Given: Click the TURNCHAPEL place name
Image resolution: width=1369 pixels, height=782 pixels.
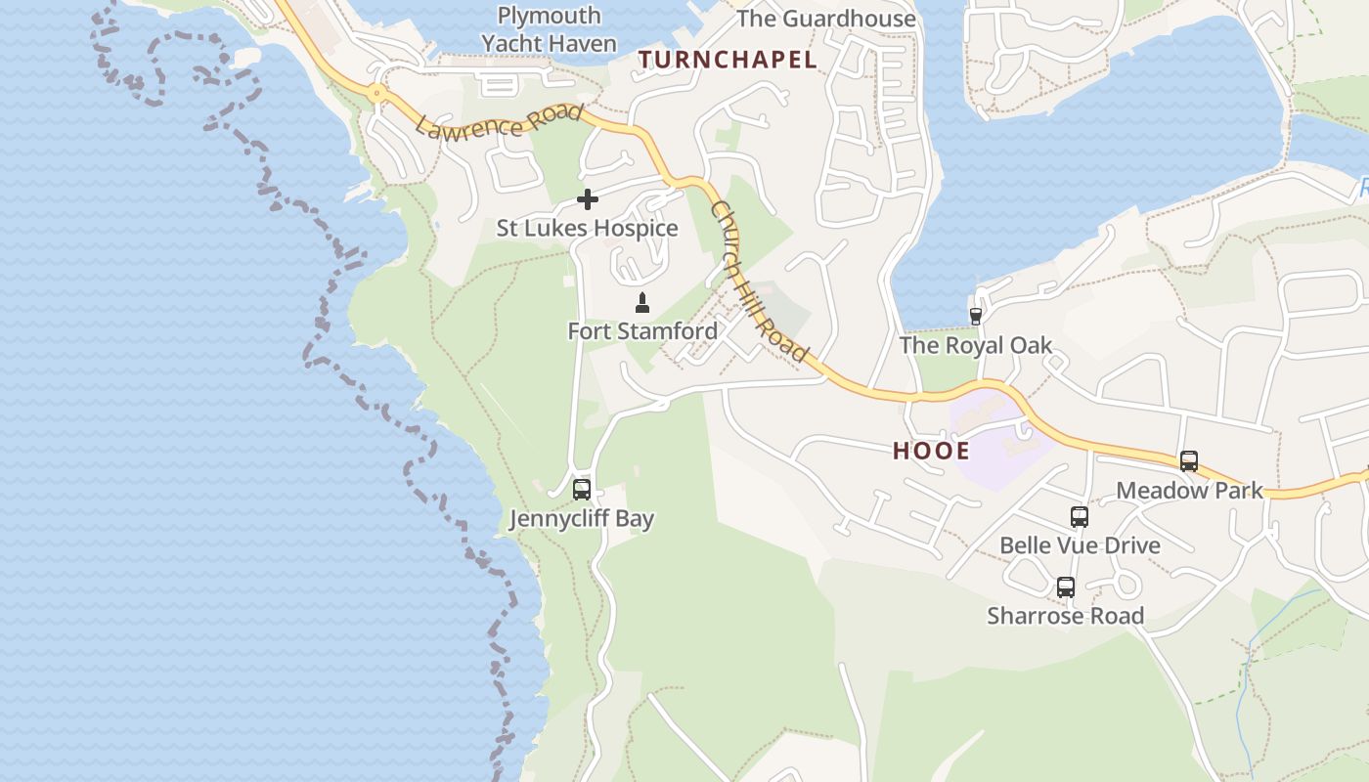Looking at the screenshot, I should (728, 60).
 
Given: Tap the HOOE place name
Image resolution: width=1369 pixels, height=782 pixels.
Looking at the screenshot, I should (931, 451).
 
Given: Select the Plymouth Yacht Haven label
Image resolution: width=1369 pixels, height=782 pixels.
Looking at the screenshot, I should (549, 29).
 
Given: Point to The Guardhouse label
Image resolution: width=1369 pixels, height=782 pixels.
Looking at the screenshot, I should (826, 19).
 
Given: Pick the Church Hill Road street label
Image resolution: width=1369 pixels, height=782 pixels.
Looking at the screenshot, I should (760, 281).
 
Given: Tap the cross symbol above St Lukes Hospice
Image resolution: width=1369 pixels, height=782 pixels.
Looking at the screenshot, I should (588, 199).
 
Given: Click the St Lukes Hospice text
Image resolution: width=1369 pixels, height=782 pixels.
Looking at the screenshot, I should (587, 229).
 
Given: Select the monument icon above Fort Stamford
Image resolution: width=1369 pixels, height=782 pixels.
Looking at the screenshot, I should (642, 302).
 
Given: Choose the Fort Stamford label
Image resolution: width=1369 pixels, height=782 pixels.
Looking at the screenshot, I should (642, 331).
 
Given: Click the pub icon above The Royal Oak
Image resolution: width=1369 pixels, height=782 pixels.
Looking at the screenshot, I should (975, 316).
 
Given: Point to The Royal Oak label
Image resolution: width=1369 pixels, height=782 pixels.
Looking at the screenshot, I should (975, 345).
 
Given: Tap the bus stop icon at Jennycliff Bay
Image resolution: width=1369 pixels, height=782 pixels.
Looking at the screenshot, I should (582, 490).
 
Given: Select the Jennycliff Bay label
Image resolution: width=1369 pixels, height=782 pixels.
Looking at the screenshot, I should (582, 519).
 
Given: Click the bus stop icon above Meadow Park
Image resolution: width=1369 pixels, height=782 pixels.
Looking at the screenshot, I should (1189, 461).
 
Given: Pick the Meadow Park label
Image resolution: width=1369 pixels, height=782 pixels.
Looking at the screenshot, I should (1189, 491).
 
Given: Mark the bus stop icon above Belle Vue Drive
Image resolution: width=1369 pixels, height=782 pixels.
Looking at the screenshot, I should (1080, 517).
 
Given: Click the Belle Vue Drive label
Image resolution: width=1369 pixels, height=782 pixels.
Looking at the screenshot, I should (1080, 545).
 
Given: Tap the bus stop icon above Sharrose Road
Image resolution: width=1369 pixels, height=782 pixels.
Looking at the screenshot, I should (1066, 587).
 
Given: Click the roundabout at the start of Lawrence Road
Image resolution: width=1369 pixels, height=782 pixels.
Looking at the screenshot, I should (376, 94).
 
